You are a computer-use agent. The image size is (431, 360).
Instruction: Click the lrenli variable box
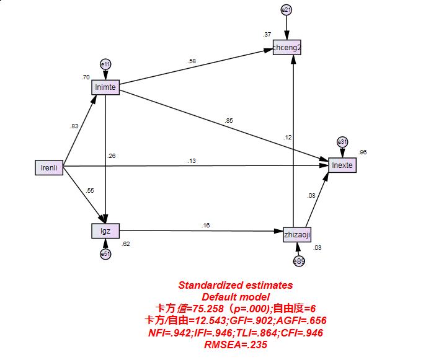coord(49,167)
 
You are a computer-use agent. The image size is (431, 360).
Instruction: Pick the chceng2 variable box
coord(287,48)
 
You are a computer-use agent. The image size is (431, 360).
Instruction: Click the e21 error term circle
coord(287,10)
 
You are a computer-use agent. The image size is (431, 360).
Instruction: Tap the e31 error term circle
coord(342,142)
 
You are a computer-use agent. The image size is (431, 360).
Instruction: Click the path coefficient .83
coord(74,126)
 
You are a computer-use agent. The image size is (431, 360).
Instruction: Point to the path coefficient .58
coord(192,61)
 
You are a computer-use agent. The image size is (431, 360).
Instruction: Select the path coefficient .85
coord(230,120)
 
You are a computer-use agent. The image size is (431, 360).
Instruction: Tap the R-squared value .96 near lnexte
coord(363,152)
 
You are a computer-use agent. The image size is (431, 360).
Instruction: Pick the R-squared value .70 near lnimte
coord(85,77)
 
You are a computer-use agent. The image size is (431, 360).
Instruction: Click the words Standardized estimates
coord(235,286)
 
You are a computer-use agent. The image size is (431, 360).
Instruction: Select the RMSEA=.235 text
coord(235,345)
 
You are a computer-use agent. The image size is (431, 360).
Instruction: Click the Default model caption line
coord(235,297)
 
